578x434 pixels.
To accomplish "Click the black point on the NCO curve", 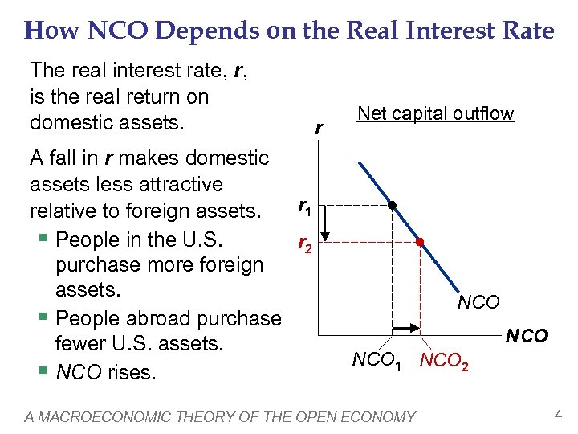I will coord(392,205).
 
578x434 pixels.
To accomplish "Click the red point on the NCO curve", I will coord(420,242).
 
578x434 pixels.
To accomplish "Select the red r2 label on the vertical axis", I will coord(304,244).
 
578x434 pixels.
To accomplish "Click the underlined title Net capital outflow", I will coord(435,113).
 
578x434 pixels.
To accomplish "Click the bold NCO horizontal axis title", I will coord(527,335).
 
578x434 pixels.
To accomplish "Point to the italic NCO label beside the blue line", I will coord(478,302).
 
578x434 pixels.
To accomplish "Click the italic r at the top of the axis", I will coord(320,127).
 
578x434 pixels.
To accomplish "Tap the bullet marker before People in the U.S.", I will coord(46,240).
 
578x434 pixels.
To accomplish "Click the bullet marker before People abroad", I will coord(46,318).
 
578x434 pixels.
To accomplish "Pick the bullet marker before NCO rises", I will coord(46,372).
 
